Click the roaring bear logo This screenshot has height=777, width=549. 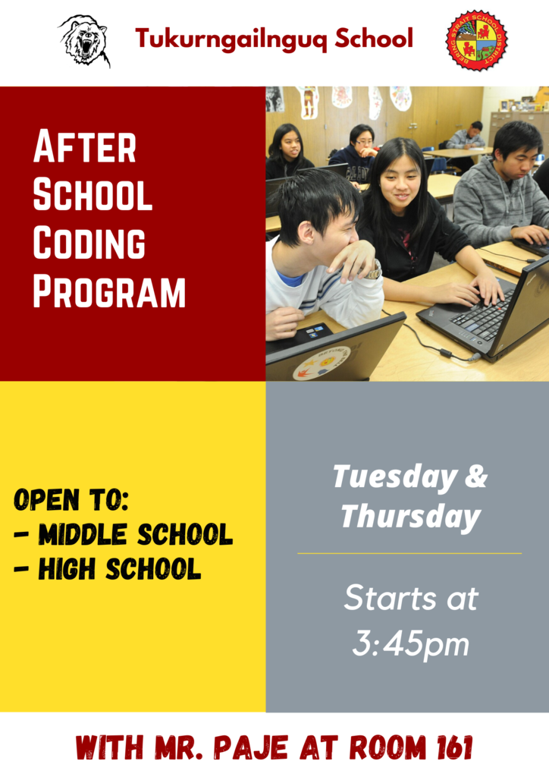click(84, 41)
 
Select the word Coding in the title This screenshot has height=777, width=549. click(89, 244)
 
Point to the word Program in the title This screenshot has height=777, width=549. click(109, 292)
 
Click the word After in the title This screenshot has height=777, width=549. click(85, 146)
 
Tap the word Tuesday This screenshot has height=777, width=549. click(394, 477)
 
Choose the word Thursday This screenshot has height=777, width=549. click(411, 517)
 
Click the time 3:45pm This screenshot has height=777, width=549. click(410, 643)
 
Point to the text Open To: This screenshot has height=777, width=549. click(71, 499)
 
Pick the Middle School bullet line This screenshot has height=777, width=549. click(124, 533)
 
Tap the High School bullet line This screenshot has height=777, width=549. click(108, 568)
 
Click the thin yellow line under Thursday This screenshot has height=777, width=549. click(409, 553)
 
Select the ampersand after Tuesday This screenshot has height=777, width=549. click(476, 476)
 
